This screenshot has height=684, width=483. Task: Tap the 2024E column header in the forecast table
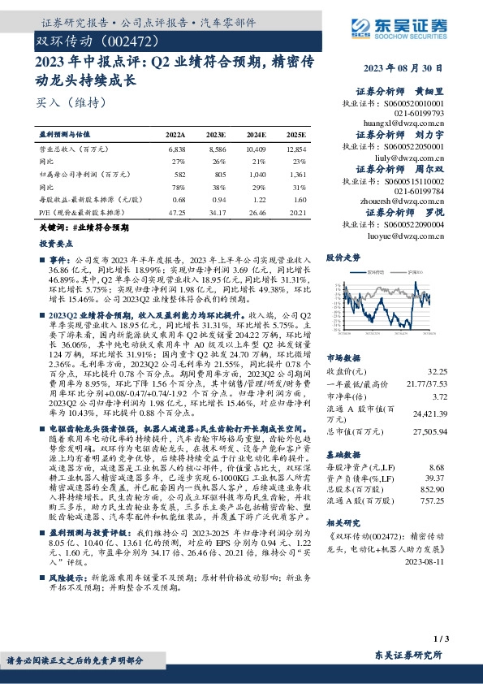(256, 135)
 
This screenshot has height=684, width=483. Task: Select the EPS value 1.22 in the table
(257, 200)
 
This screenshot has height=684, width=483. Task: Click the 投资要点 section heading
(54, 242)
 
